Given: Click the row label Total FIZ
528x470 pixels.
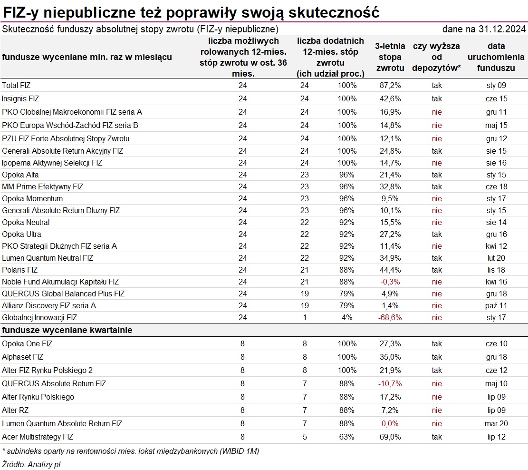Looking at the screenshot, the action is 16,85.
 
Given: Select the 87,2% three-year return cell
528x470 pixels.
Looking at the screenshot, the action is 390,85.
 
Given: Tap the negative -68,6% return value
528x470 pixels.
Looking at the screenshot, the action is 390,318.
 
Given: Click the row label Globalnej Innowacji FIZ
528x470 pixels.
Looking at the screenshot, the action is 39,318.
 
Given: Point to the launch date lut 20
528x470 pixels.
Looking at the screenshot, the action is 496,258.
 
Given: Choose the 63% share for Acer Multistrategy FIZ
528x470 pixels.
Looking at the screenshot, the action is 347,437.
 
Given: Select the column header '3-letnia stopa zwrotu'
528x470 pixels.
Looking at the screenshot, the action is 390,57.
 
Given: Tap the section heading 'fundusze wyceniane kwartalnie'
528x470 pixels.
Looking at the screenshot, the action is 67,330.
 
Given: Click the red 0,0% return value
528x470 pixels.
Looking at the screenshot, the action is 390,423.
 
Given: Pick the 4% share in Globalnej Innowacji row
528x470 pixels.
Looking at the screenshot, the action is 347,318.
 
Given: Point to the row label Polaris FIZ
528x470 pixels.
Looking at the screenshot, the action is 19,270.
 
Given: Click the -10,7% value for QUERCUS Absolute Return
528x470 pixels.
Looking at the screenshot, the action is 390,384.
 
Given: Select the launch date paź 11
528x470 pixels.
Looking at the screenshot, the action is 496,306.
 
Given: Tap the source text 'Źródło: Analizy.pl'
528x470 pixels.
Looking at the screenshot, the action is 31,464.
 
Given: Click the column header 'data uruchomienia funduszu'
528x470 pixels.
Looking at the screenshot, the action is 496,57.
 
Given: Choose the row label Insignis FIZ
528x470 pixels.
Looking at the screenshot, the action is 20,99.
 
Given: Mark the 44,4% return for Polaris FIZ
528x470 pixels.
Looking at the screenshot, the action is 390,270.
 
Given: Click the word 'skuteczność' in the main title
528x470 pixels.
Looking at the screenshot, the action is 334,13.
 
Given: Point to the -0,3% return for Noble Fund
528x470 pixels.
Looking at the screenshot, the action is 390,282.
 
